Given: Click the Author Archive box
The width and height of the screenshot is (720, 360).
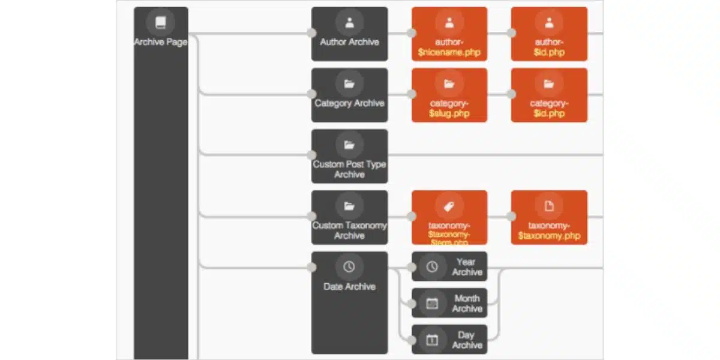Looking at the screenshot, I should click(x=349, y=34).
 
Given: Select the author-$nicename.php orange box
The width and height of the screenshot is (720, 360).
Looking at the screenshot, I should click(x=449, y=34).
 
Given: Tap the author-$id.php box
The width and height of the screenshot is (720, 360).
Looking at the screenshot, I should click(x=548, y=34).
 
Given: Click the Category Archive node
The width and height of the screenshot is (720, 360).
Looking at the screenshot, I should click(x=349, y=95).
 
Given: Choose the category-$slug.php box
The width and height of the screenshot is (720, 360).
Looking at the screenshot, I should click(x=449, y=95).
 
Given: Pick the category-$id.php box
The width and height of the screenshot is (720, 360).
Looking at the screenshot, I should click(x=548, y=95).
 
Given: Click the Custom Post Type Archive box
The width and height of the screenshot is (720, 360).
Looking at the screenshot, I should click(x=349, y=157).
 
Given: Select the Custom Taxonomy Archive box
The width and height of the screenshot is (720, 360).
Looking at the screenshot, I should click(x=349, y=218).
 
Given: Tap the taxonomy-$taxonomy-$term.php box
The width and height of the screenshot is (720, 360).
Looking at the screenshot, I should click(x=449, y=218).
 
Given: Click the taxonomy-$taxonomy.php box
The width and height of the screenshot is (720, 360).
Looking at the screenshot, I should click(x=548, y=218).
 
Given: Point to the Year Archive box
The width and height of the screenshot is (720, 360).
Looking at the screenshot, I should click(x=449, y=266).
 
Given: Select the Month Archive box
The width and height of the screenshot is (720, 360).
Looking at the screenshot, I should click(x=449, y=303).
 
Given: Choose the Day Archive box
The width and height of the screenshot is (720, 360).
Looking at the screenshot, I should click(x=449, y=340).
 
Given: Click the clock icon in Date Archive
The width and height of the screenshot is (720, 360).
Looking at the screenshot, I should click(x=349, y=266).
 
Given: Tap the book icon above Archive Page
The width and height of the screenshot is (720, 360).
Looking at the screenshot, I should click(x=160, y=23).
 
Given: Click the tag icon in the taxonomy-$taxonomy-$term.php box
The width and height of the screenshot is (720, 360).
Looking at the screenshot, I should click(x=449, y=206).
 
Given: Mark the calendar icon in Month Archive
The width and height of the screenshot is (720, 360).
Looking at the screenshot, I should click(x=432, y=303).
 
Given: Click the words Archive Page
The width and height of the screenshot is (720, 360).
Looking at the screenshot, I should click(x=160, y=42).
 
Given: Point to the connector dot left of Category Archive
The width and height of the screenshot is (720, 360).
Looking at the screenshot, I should click(x=311, y=94).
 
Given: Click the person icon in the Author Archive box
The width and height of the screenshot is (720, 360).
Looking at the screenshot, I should click(x=349, y=23).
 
